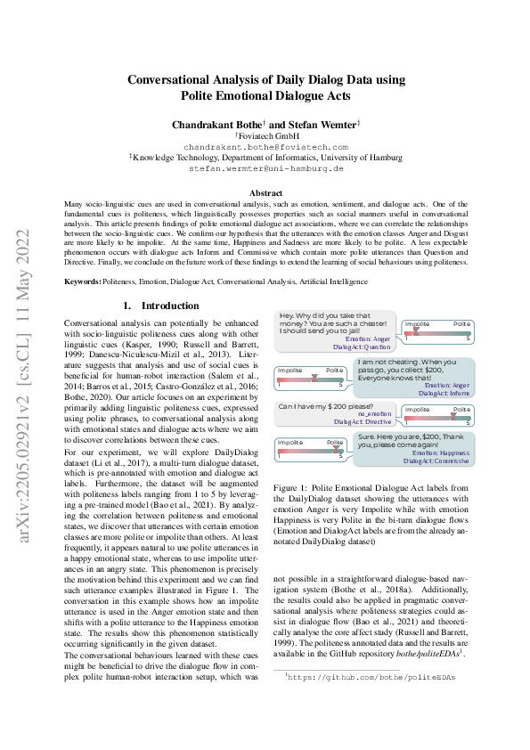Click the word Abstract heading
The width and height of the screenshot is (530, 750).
[266, 192]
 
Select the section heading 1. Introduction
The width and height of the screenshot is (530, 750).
[160, 306]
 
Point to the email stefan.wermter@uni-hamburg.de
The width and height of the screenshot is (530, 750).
[266, 167]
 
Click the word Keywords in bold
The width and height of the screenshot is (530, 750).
[82, 281]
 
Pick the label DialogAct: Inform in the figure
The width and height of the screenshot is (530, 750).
[444, 392]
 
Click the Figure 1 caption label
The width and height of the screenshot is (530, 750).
[291, 488]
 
